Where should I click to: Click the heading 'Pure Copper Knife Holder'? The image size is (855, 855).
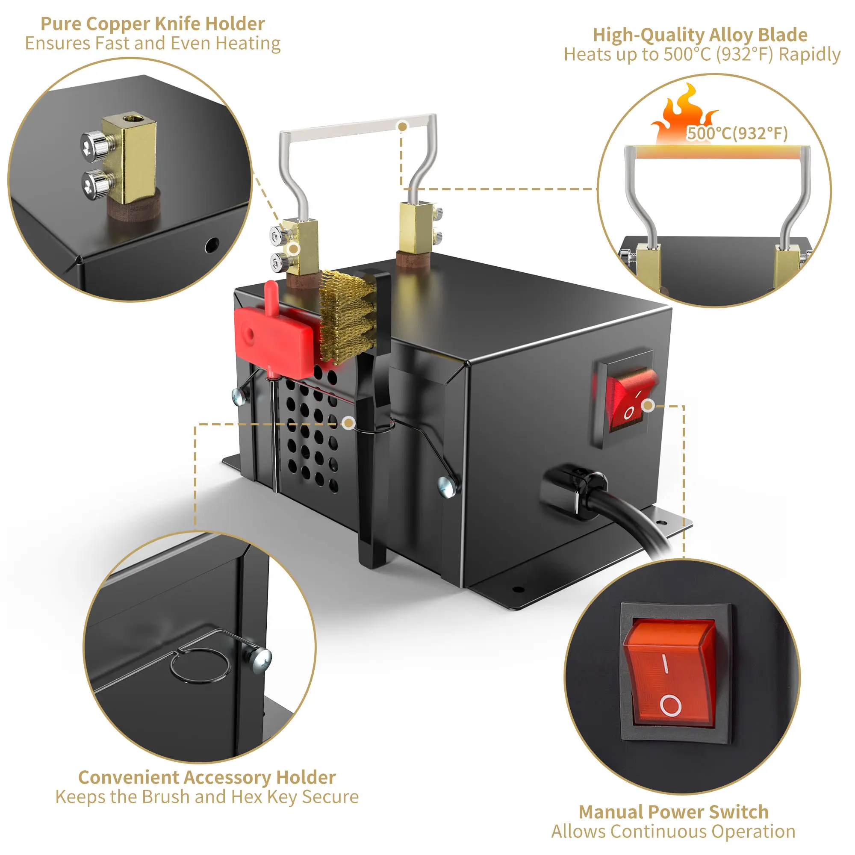(x=153, y=24)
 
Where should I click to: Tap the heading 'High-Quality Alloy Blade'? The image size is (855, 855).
(x=700, y=35)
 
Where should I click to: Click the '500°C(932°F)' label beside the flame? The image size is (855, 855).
(x=737, y=133)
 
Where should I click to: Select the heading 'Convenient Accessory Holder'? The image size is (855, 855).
(x=206, y=790)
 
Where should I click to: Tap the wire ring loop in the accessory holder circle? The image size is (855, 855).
(x=200, y=666)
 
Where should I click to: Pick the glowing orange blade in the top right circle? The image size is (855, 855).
(x=717, y=153)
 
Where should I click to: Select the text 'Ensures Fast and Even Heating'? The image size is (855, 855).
(x=153, y=43)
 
